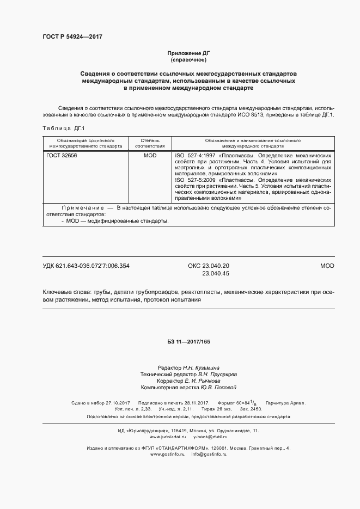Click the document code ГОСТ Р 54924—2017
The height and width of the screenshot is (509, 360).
pos(72,36)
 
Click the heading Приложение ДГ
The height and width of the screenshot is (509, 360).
pos(188,53)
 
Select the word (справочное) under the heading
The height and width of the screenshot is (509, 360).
pos(188,60)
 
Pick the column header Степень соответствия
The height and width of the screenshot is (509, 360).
pos(150,143)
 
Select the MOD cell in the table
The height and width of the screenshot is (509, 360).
pos(150,155)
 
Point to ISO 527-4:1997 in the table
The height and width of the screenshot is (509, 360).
pos(196,155)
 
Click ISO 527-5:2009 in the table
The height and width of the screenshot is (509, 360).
pos(196,180)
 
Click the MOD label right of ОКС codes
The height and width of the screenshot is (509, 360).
pos(326,266)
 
